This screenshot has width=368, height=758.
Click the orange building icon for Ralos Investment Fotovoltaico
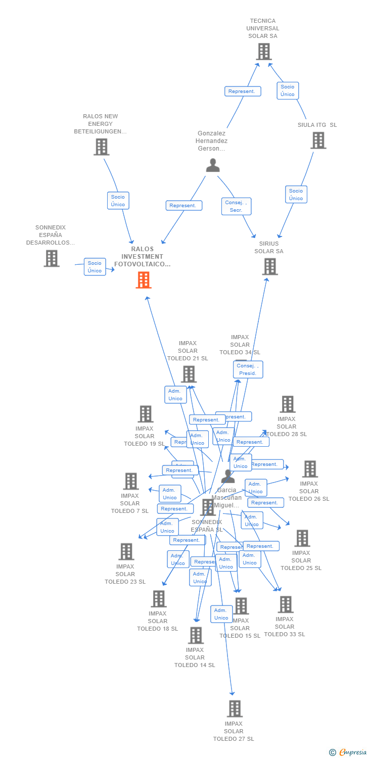click(144, 280)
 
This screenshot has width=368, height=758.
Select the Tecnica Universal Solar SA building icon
click(263, 52)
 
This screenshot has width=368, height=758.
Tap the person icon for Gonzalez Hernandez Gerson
click(213, 165)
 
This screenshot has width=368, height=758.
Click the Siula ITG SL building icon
click(318, 140)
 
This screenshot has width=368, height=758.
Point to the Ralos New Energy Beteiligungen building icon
click(102, 147)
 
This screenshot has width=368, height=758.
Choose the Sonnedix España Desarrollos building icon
click(52, 258)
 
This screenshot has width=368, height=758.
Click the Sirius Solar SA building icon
click(270, 267)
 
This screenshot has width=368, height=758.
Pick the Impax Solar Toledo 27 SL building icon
click(234, 708)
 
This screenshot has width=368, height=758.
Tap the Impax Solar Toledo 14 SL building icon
click(195, 635)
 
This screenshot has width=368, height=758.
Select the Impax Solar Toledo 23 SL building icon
click(126, 551)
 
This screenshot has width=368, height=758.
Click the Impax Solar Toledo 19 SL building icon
click(146, 414)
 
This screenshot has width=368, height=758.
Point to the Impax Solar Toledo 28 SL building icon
click(288, 404)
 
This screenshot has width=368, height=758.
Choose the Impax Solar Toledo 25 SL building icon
click(302, 538)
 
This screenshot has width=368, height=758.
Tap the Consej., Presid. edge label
click(248, 369)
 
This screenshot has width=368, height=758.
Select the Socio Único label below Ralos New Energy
click(118, 201)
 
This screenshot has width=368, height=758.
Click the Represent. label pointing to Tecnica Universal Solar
click(243, 91)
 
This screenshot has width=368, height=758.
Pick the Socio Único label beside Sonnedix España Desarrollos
click(95, 267)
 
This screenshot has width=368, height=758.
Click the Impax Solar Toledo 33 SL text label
click(285, 627)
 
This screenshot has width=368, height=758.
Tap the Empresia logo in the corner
click(349, 752)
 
